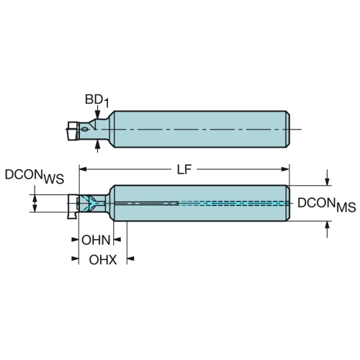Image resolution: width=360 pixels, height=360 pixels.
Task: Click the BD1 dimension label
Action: click(x=97, y=100)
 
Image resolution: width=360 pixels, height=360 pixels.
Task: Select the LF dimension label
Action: click(x=184, y=170)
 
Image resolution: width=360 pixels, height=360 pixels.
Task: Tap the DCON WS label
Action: click(x=35, y=176)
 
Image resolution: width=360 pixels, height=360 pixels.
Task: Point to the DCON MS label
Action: click(x=327, y=204)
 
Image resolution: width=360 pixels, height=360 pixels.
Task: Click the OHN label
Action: click(x=96, y=240)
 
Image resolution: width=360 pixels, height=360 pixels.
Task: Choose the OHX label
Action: click(x=103, y=260)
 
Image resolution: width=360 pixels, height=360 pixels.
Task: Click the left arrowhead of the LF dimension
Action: click(x=83, y=169)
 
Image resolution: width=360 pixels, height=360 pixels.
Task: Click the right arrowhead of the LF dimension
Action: click(x=285, y=169)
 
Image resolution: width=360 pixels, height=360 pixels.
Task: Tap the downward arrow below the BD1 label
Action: click(x=97, y=112)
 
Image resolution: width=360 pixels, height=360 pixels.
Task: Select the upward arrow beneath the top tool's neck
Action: click(x=97, y=146)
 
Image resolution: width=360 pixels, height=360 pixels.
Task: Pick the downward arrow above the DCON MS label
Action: click(x=327, y=178)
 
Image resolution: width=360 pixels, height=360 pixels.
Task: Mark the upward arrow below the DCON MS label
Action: click(x=327, y=230)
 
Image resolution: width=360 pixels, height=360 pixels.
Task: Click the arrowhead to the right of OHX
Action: click(x=130, y=258)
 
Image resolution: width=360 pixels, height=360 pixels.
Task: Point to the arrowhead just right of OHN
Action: click(x=117, y=239)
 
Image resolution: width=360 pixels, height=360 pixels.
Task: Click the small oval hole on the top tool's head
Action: click(x=85, y=130)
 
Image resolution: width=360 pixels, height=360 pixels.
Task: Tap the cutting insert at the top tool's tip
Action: click(x=73, y=131)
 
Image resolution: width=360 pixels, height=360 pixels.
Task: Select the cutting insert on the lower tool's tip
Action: click(x=73, y=207)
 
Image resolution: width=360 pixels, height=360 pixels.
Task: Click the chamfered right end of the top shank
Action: click(x=288, y=130)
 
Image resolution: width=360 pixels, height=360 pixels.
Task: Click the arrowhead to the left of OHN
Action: click(x=76, y=239)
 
